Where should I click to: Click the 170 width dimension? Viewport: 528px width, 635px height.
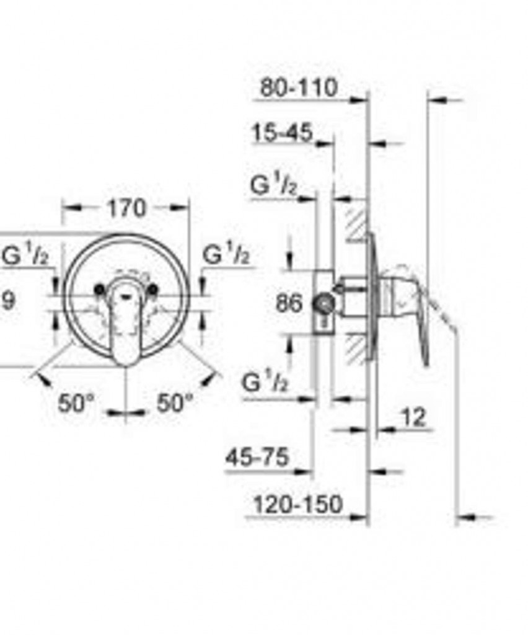[126, 208]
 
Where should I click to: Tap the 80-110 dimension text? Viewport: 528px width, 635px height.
[299, 87]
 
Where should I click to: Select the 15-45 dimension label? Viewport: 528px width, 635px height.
[283, 133]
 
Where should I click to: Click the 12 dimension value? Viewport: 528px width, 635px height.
[413, 417]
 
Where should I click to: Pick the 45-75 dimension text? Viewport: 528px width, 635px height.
[258, 457]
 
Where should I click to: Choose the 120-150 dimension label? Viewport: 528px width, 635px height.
[298, 505]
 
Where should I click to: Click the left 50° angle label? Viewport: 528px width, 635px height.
[76, 403]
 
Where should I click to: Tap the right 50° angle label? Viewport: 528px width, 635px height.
[175, 403]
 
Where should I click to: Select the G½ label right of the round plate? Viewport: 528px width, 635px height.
[226, 254]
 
